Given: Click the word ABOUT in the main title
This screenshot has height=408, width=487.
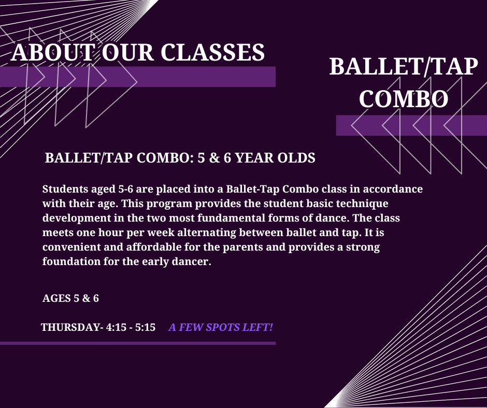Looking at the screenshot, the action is tap(52, 52).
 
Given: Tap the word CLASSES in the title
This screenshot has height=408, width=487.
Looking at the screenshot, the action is tap(213, 52).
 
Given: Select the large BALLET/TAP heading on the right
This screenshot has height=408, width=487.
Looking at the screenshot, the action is tap(404, 66).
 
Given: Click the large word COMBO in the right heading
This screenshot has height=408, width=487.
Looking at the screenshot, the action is tap(404, 99).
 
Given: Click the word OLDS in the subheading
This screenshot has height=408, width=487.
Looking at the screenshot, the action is tap(296, 158).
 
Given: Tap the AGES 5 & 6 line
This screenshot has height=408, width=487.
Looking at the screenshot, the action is tap(70, 298).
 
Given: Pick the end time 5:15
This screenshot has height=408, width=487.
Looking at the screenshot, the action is tap(145, 327).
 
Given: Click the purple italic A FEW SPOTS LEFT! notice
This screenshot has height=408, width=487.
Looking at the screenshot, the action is tap(221, 327).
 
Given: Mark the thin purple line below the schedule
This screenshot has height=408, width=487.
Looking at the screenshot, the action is tap(138, 343).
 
